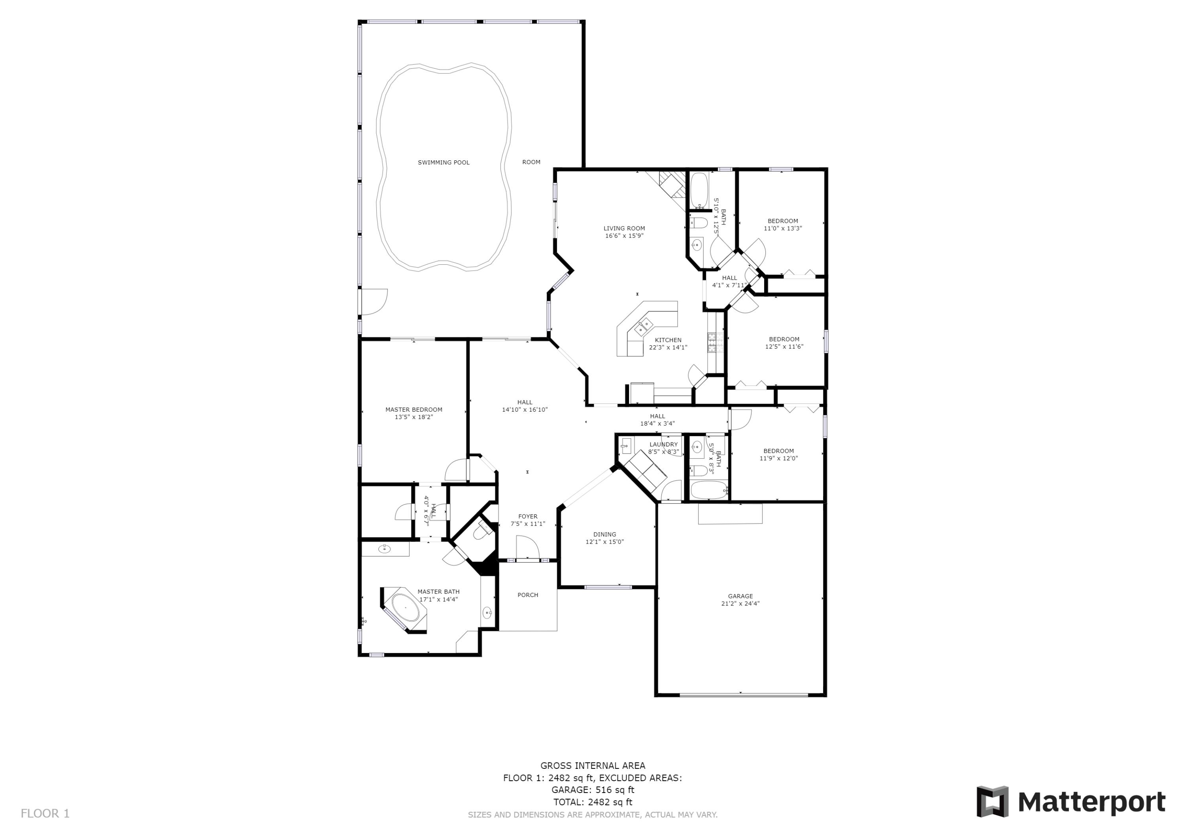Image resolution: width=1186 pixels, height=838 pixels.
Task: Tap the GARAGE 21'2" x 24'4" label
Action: [x=740, y=599]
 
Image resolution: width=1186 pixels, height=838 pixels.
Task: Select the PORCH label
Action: [x=527, y=595]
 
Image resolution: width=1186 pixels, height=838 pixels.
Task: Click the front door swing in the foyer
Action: [x=527, y=547]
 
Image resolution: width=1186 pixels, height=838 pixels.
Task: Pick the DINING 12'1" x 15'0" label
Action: [x=604, y=538]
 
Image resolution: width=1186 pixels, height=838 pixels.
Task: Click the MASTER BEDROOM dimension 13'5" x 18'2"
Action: [x=414, y=417]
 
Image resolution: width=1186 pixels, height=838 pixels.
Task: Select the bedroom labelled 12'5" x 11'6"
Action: [x=784, y=343]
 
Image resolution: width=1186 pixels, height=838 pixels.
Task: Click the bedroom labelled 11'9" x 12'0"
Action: [x=778, y=454]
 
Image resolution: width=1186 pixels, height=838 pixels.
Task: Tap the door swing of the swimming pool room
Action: [x=373, y=302]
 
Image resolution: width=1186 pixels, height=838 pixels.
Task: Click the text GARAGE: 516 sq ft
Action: [x=593, y=789]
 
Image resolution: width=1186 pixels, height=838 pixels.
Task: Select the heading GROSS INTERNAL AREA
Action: [x=593, y=765]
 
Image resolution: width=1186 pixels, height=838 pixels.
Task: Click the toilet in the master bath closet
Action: [x=482, y=532]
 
